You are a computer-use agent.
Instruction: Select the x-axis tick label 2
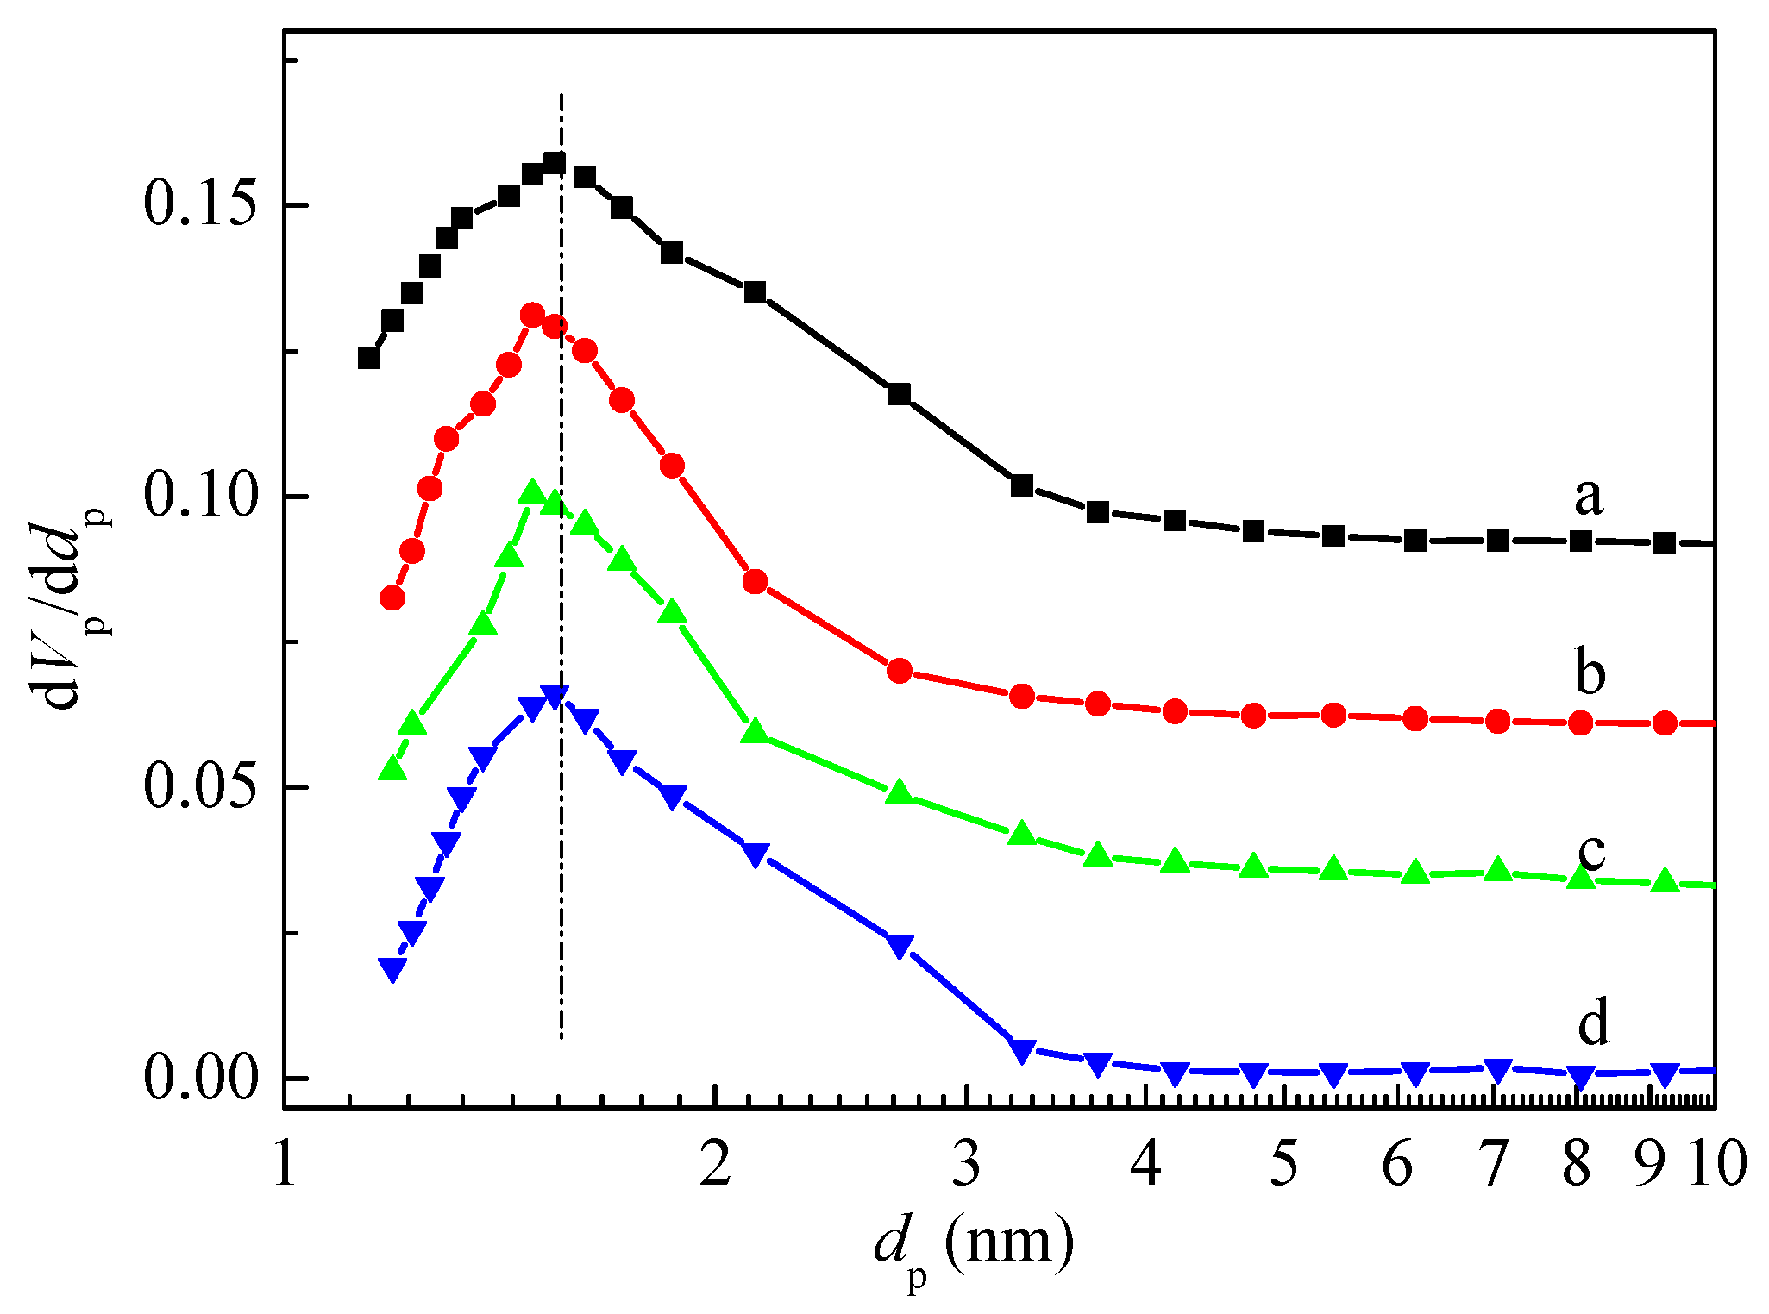(715, 1164)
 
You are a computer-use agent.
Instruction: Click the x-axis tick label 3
(967, 1164)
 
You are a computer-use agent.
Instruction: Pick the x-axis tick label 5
(1284, 1164)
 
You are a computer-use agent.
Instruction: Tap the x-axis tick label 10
(1716, 1164)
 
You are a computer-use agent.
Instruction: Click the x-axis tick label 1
(285, 1164)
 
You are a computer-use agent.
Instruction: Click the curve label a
(1589, 497)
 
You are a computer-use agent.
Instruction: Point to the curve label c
(1591, 851)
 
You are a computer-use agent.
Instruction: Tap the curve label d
(1593, 1023)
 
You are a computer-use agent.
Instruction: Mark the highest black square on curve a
(555, 162)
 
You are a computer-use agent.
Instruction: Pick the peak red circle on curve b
(533, 315)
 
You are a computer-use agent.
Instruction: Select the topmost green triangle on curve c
(533, 491)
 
